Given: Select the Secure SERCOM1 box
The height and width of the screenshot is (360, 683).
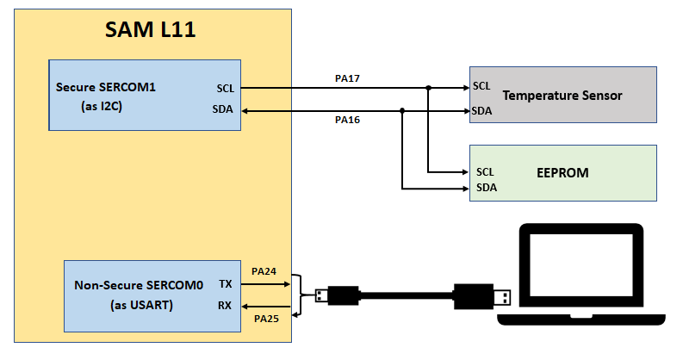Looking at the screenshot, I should pos(145,96).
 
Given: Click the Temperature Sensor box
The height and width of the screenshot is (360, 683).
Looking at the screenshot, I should pos(562,95).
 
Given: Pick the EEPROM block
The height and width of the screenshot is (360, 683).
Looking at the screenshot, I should pos(562,173).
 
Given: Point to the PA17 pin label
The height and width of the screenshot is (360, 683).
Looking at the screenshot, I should pos(347,78).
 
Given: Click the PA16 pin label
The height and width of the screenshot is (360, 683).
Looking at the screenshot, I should pos(347,120).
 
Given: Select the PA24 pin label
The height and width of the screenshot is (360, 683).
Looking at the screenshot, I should pos(264,271).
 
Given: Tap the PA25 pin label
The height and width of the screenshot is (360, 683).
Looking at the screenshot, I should pos(264,319).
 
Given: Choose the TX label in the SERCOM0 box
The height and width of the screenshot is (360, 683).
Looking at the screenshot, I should pos(226,283).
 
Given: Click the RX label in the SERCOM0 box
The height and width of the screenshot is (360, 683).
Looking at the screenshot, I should pos(226,306).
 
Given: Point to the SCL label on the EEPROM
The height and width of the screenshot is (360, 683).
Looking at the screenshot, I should pos(486,171).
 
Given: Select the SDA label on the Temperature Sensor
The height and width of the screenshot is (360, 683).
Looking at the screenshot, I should pos(482,111).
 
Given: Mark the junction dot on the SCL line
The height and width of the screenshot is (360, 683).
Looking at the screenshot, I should pos(428,88).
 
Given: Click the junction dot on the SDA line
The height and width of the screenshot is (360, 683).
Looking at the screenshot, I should pos(402,110).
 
